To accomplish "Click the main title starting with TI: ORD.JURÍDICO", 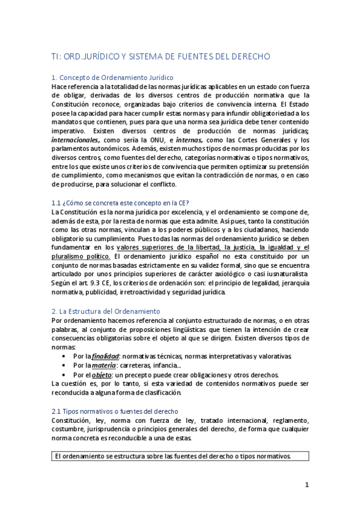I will (161, 57).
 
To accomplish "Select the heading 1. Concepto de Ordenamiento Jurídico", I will (112, 78).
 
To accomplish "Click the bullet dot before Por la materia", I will (64, 366).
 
